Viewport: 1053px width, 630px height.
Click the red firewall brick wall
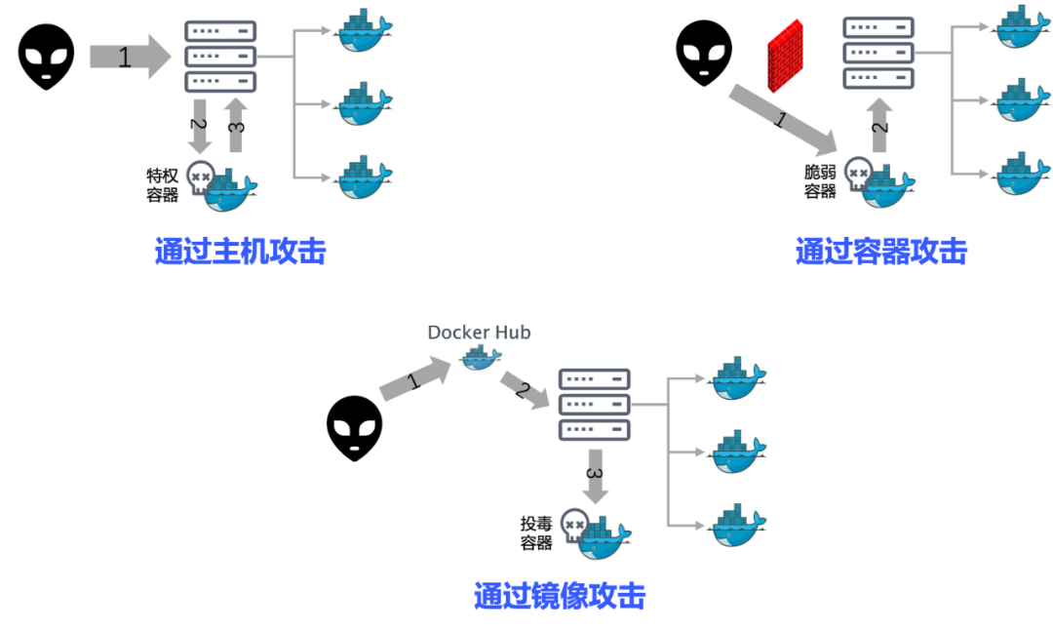click(x=785, y=56)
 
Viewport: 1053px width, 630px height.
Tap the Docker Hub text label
click(x=479, y=333)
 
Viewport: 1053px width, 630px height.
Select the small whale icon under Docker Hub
click(x=480, y=357)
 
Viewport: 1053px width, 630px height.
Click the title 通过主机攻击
click(x=241, y=252)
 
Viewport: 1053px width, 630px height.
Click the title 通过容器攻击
click(x=881, y=252)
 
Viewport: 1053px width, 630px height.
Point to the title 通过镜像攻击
click(x=560, y=596)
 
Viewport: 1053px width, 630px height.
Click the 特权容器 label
click(x=163, y=185)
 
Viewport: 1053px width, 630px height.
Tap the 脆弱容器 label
click(x=820, y=181)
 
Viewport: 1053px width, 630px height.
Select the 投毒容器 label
click(x=536, y=533)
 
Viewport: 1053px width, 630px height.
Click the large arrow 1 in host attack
click(x=131, y=57)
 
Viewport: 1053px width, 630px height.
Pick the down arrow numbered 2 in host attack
click(x=200, y=126)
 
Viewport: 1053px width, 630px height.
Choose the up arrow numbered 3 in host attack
click(x=236, y=125)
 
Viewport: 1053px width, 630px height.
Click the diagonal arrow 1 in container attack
click(x=783, y=120)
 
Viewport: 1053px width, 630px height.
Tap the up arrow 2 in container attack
click(x=879, y=125)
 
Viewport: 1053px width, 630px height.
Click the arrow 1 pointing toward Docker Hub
click(x=415, y=379)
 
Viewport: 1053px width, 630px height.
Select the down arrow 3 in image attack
click(x=595, y=476)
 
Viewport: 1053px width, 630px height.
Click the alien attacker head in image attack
click(x=355, y=428)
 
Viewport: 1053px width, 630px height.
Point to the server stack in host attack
click(x=220, y=57)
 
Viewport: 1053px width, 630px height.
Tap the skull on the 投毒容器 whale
click(x=574, y=526)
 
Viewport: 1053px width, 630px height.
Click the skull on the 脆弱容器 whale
click(x=858, y=174)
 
